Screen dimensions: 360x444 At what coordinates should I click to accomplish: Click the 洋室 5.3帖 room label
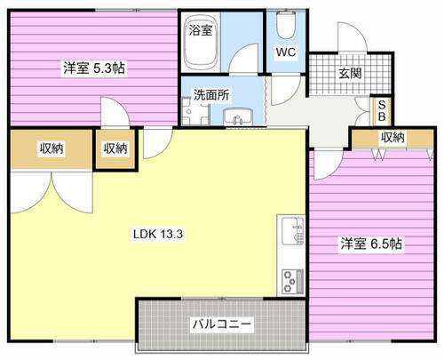[x=92, y=67]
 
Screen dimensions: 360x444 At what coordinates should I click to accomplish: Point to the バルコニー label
[x=222, y=324]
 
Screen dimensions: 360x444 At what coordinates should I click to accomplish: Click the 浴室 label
[x=200, y=30]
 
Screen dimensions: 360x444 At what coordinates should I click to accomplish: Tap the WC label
[x=285, y=52]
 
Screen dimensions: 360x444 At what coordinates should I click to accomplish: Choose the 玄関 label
[x=353, y=74]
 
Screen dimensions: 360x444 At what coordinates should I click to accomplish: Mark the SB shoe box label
[x=382, y=110]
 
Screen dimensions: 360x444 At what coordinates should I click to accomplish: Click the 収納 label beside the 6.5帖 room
[x=392, y=137]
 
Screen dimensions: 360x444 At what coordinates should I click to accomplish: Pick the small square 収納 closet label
[x=115, y=148]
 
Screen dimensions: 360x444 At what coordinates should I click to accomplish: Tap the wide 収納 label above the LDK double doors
[x=51, y=148]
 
